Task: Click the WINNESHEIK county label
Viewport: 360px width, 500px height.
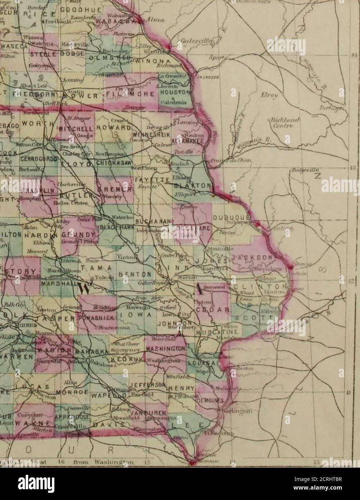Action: coord(160,134)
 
